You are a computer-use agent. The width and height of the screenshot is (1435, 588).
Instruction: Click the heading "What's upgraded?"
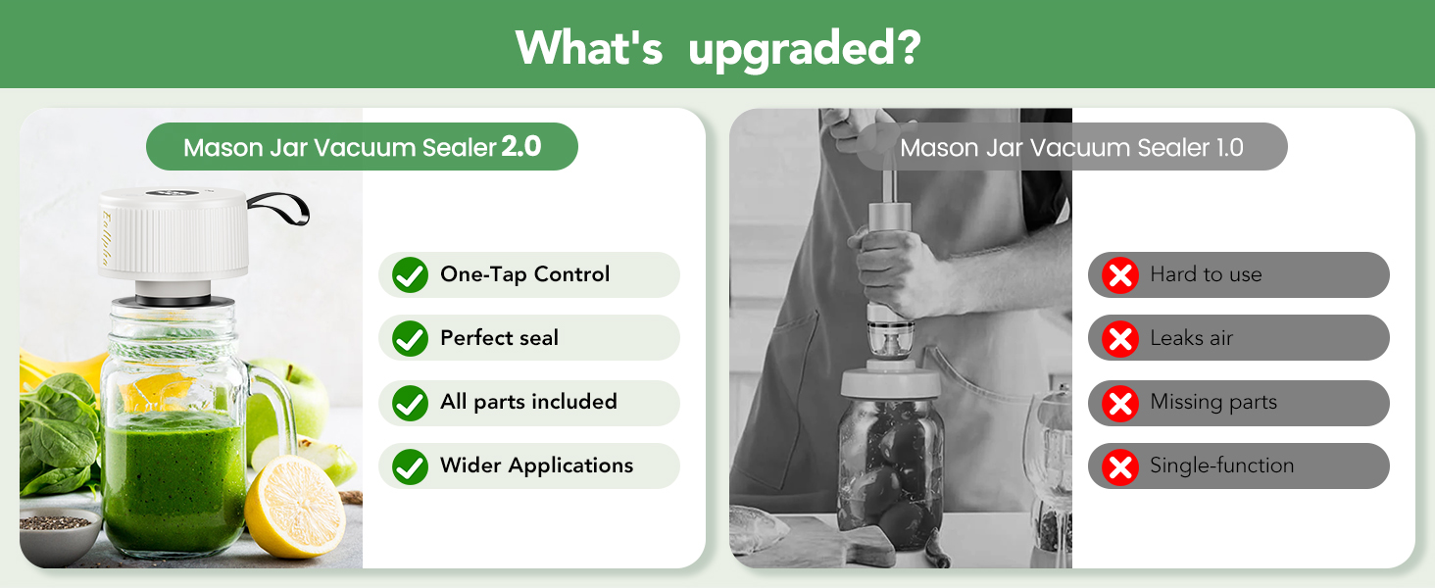[x=717, y=45]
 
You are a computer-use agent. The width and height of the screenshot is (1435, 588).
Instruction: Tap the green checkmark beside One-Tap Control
[x=410, y=275]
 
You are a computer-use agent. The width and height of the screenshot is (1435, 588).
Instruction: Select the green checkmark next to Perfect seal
[x=410, y=339]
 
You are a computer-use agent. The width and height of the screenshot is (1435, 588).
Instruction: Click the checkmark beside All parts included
[x=410, y=403]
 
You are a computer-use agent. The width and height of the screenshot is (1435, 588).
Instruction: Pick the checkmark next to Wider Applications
[x=410, y=466]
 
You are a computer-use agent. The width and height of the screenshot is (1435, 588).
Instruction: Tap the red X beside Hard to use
[x=1118, y=275]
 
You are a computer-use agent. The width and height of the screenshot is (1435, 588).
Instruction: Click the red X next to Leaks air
[x=1118, y=339]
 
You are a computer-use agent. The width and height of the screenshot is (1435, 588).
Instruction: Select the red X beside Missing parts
[x=1118, y=403]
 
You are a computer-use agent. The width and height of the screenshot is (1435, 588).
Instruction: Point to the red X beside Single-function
[x=1118, y=466]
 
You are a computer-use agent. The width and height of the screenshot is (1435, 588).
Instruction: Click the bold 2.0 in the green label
[x=521, y=147]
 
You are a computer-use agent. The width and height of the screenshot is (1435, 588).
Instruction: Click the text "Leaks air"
[x=1191, y=339]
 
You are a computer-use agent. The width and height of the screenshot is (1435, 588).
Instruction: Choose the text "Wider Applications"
[x=536, y=465]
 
